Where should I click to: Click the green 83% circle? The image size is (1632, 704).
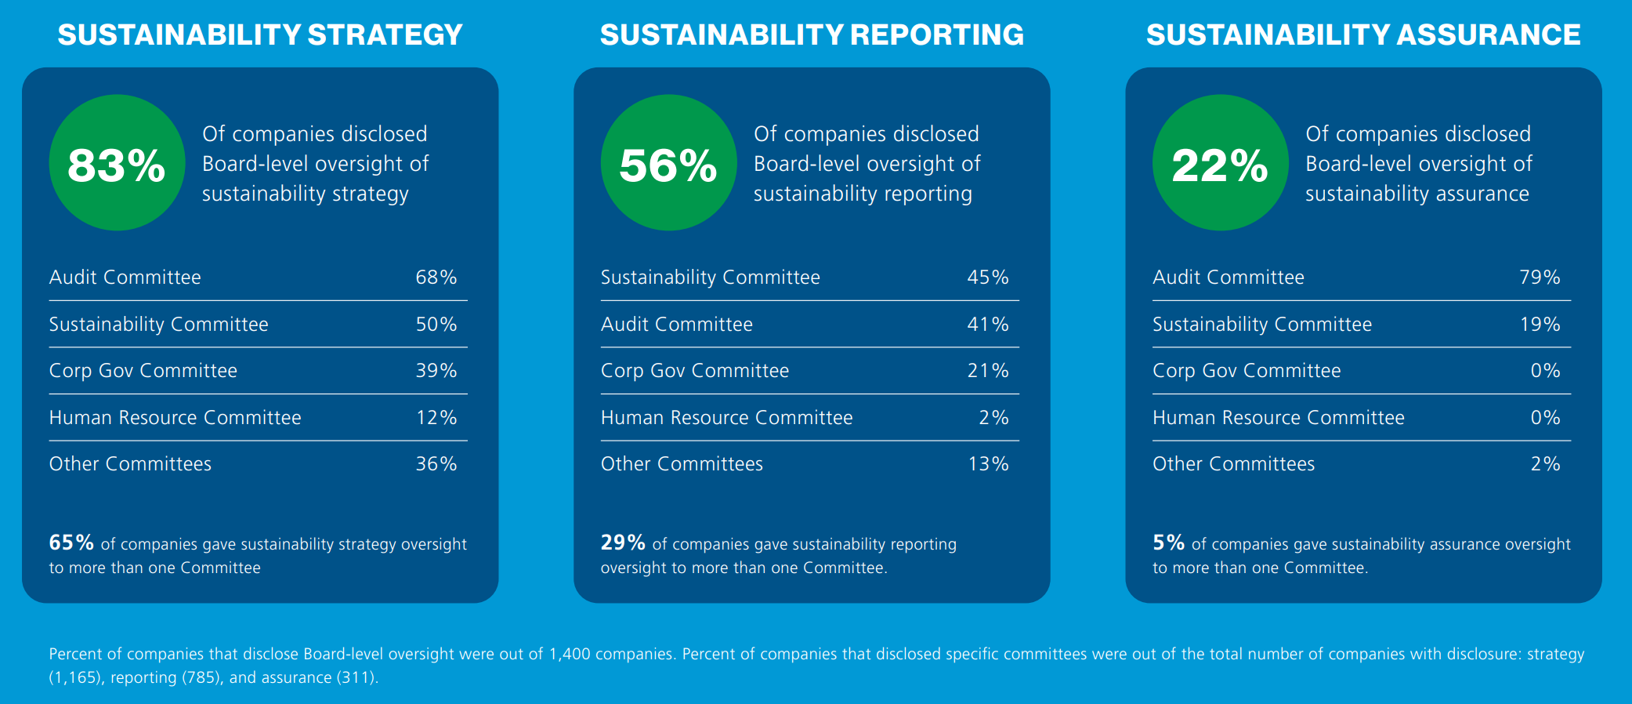pos(117,163)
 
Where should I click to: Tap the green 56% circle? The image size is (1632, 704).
pos(668,163)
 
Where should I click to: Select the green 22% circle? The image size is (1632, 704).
pos(1220,163)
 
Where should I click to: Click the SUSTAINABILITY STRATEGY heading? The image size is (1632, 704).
pos(260,35)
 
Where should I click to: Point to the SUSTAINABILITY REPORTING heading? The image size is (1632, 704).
pos(812,35)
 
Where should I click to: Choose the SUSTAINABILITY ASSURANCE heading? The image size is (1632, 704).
pos(1363,35)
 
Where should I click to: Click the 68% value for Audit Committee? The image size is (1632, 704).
pos(436,278)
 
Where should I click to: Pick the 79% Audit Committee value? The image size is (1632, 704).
pos(1540,278)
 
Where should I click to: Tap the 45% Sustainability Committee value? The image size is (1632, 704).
pos(988,278)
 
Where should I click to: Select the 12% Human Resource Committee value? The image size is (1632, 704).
pos(436,418)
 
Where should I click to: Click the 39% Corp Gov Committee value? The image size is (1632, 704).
pos(436,371)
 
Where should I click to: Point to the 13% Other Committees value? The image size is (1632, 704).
pos(988,464)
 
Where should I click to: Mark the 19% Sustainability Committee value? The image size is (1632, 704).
pos(1540,325)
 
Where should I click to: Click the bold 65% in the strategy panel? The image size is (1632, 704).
pos(71,543)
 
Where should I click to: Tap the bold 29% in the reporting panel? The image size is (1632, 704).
pos(623,543)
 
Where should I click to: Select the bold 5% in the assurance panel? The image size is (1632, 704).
pos(1168,543)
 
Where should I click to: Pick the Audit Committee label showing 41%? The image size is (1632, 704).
pos(676,325)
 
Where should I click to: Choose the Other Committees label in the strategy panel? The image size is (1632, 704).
pos(130,464)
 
